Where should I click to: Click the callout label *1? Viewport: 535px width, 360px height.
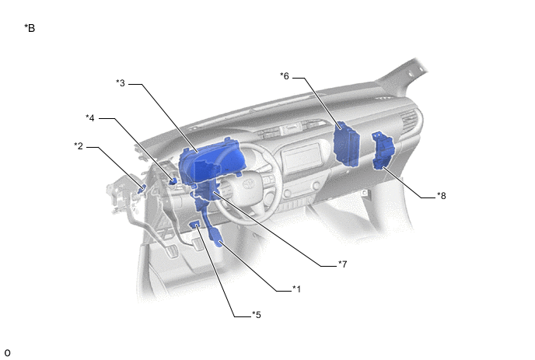click(x=296, y=289)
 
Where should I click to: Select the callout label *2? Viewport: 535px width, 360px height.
click(x=79, y=146)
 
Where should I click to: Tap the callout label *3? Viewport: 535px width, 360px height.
click(x=121, y=83)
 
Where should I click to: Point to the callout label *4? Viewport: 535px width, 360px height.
click(x=90, y=117)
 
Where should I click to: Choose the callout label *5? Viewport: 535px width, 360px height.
click(x=257, y=315)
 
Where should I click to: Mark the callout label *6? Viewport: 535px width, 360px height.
click(x=285, y=76)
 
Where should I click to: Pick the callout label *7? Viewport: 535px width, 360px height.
click(x=343, y=264)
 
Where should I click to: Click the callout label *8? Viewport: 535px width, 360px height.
click(x=442, y=196)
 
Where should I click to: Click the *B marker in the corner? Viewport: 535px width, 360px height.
click(x=30, y=28)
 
